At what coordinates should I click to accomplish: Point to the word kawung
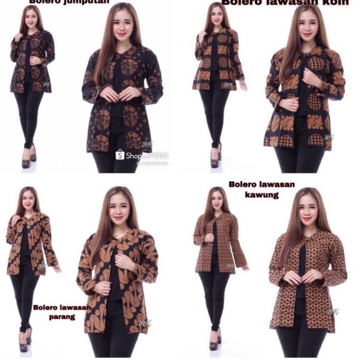tap(263, 195)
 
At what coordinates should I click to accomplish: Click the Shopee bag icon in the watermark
tap(120, 155)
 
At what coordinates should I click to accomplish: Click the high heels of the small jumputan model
tap(29, 159)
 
